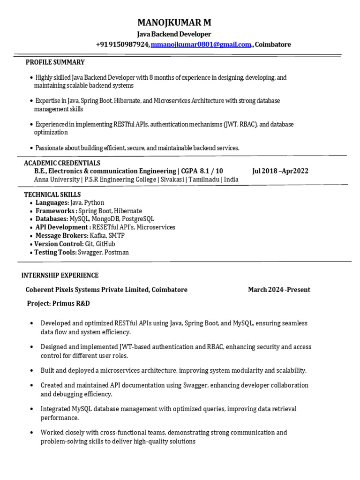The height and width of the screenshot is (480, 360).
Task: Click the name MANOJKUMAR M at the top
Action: (174, 22)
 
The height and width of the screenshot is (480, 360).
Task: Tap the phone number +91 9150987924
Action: (123, 45)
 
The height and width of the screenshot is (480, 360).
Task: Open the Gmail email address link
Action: (201, 45)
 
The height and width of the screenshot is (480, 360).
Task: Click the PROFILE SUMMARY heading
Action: (55, 62)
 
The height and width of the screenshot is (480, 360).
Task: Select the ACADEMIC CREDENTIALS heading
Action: (62, 163)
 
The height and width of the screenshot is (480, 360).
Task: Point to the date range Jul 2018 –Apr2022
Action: (280, 171)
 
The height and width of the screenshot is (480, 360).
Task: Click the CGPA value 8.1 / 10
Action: (211, 171)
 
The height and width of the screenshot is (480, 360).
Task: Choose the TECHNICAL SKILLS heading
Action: (52, 195)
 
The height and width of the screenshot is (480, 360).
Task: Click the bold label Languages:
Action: (52, 203)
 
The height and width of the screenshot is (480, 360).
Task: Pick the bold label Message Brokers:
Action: (62, 236)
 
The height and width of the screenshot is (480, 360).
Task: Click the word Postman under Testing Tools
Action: (118, 252)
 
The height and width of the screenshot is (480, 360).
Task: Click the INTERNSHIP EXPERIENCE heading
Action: (60, 275)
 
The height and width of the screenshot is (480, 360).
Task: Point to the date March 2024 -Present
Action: (279, 290)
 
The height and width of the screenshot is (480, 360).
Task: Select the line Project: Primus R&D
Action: (58, 303)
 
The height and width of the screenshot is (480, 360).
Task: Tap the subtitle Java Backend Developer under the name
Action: (174, 34)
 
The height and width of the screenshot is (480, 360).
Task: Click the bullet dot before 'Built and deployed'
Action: (31, 370)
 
